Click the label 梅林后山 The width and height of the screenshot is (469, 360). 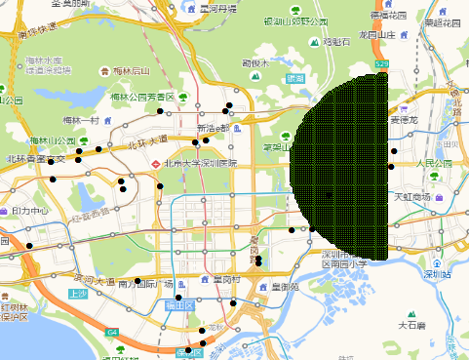tap(135, 70)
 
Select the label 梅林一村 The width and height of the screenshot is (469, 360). tap(82, 120)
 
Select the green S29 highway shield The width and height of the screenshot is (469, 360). tap(383, 64)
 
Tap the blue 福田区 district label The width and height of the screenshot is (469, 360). tap(182, 305)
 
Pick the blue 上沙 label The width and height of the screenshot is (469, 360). tap(77, 294)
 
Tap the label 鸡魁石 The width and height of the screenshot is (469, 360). tap(336, 42)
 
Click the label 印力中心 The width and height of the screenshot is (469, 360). tap(29, 210)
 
